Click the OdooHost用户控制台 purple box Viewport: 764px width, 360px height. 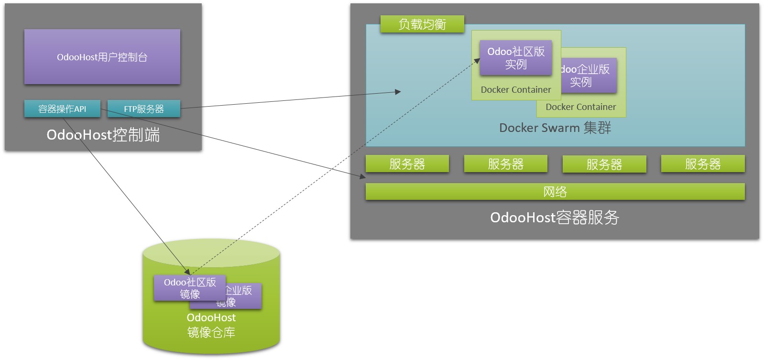tap(102, 57)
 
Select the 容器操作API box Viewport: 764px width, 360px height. tap(62, 109)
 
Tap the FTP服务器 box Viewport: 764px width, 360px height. tap(144, 109)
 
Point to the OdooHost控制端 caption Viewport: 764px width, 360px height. tap(103, 135)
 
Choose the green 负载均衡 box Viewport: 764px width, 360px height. tap(422, 24)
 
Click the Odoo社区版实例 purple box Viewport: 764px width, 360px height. tap(516, 58)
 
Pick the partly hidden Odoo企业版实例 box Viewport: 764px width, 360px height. tap(589, 76)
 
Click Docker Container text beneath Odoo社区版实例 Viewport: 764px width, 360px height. tap(516, 90)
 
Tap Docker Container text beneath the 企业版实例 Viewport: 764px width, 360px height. tap(581, 107)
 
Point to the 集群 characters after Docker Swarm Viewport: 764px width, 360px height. tap(597, 128)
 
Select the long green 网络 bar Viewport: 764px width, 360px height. tap(555, 192)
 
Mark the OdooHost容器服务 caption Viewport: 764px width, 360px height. tap(555, 218)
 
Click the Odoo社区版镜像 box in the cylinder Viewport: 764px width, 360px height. tap(190, 288)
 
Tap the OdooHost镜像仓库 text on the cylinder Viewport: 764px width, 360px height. tap(211, 325)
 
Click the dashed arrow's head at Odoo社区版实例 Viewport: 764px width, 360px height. tap(478, 60)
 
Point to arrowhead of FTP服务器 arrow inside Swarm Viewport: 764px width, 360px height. tap(398, 92)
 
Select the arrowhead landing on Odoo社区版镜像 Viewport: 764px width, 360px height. tap(188, 272)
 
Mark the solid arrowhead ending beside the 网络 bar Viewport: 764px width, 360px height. tap(363, 177)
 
